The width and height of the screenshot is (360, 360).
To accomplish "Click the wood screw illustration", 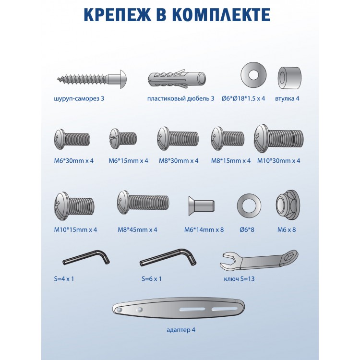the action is (92, 79).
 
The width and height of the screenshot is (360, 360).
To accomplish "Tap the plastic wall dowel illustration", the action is (177, 79).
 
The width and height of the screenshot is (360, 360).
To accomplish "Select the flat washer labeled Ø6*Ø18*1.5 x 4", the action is (253, 75).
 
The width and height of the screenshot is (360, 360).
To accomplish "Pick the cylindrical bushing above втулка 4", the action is (289, 78).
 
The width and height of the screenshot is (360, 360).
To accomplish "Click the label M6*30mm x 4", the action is (74, 161).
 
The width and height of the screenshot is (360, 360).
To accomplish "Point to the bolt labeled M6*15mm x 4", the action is (123, 138).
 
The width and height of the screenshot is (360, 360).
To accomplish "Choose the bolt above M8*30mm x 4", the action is (178, 138).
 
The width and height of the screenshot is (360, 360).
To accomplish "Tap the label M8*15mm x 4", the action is (231, 161).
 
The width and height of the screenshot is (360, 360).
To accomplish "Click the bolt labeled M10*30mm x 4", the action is (279, 138).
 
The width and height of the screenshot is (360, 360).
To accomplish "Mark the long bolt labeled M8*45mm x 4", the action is (143, 202).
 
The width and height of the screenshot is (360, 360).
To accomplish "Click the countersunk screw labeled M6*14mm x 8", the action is (201, 206).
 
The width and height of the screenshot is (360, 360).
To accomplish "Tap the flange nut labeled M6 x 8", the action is (288, 205).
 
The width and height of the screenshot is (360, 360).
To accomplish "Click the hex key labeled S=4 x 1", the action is (86, 258).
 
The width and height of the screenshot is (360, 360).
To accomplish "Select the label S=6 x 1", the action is (152, 279).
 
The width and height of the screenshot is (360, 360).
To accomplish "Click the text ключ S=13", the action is (239, 279).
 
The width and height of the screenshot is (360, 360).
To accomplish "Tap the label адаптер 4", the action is (181, 330).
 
